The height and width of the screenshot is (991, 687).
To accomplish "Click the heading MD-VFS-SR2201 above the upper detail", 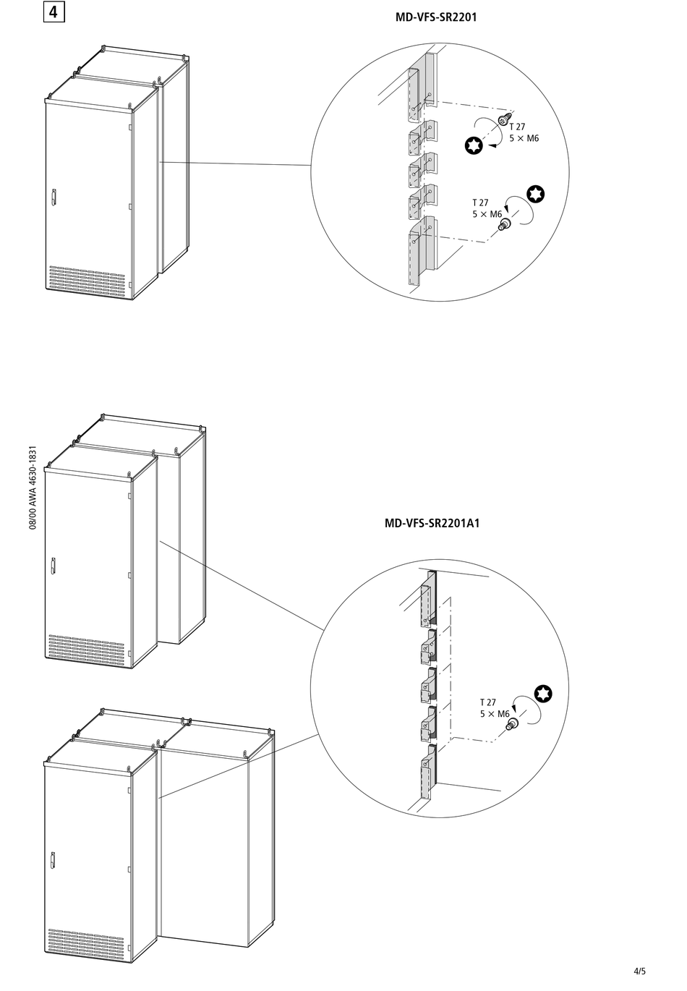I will (x=435, y=17).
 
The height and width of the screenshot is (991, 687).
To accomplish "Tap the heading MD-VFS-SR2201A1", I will (x=432, y=523).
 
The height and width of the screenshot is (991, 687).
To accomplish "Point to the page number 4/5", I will (x=639, y=971).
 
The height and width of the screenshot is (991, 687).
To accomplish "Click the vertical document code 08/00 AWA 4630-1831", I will (x=33, y=488).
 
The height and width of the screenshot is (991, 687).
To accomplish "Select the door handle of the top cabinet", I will (x=54, y=197).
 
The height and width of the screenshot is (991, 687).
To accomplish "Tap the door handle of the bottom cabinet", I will (x=53, y=860).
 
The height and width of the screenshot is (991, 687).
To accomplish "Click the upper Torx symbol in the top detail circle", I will (x=474, y=145).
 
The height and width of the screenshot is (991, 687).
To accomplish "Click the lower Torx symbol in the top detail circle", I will (x=535, y=193).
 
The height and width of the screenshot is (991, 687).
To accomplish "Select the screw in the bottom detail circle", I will (x=514, y=724).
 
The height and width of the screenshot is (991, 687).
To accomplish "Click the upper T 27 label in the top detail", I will (x=517, y=127).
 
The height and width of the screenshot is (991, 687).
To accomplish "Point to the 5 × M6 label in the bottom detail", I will (x=495, y=714).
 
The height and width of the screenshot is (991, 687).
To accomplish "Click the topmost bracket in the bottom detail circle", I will (x=428, y=597).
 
